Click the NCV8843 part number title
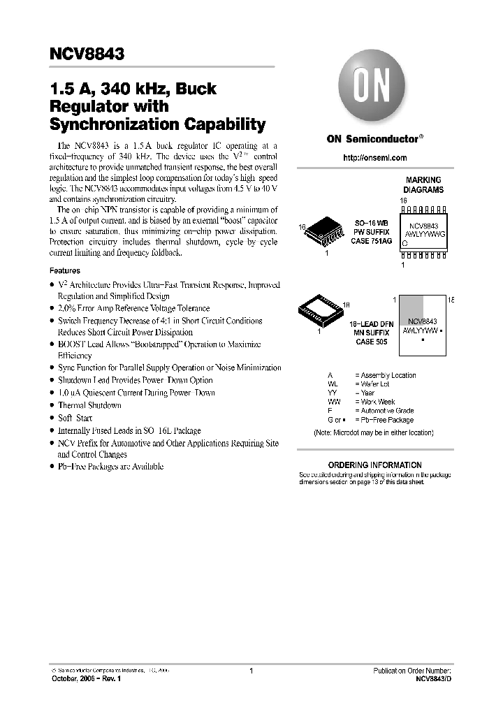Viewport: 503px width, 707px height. point(87,54)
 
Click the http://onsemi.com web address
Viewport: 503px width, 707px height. point(375,158)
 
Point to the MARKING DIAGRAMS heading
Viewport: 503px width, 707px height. point(423,185)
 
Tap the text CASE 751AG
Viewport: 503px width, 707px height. point(371,241)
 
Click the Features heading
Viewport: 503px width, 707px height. point(65,270)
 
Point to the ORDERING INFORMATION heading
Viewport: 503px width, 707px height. point(374,465)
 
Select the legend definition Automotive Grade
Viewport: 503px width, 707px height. point(384,411)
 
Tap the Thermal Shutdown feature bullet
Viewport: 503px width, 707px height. point(89,405)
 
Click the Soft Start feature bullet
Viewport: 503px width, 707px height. point(75,418)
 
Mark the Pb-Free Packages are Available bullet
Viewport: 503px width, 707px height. point(110,466)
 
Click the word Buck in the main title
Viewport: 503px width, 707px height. point(196,89)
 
